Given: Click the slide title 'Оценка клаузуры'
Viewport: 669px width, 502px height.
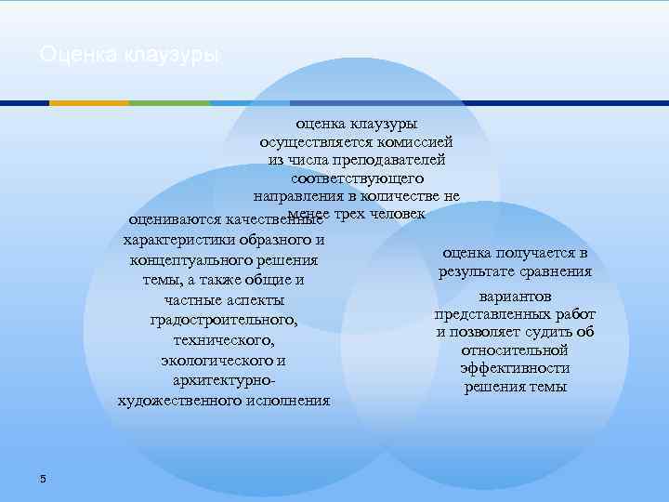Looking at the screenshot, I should (x=131, y=56).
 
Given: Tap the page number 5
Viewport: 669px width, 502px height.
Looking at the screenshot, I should (x=43, y=478).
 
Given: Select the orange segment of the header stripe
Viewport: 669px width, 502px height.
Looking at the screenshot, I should (x=88, y=102).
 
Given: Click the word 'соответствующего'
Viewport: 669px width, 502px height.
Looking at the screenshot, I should (x=357, y=178).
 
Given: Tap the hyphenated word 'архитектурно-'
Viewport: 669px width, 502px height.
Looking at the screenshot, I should (x=224, y=381).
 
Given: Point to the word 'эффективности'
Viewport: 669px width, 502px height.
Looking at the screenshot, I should (x=515, y=368).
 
